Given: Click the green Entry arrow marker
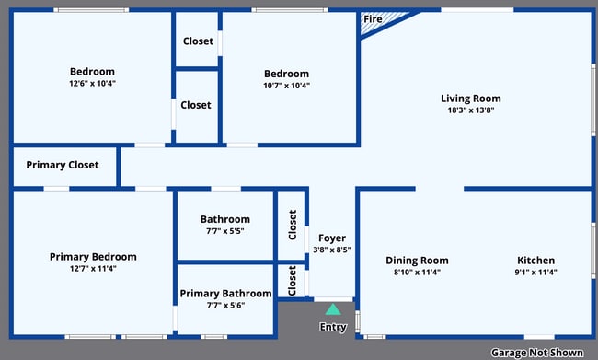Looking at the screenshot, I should pos(333,310).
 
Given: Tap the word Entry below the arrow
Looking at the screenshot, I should pos(333,327).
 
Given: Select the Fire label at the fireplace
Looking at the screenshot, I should pos(373,19).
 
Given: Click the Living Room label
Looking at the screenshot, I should pos(470,99).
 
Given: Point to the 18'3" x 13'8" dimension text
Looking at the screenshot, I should pos(470,110).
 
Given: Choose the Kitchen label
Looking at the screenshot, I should pos(535,260).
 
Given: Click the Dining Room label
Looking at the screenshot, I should pos(417,260).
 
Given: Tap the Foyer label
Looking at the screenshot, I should pos(332,238).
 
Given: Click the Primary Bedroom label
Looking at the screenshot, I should pos(93,257).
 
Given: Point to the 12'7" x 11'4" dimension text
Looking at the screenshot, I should pos(93,269).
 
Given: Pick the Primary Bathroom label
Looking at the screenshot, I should pos(225,294).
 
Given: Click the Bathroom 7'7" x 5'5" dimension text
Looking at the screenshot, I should pos(225,231).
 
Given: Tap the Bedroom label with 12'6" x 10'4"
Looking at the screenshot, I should pos(92,72).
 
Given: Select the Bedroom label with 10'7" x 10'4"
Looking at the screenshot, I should pos(286,74).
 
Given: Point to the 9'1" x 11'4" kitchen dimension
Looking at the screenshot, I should pos(535,272).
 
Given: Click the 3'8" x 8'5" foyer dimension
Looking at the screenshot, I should pos(332,250).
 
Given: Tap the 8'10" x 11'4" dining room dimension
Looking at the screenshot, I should pos(417,272).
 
